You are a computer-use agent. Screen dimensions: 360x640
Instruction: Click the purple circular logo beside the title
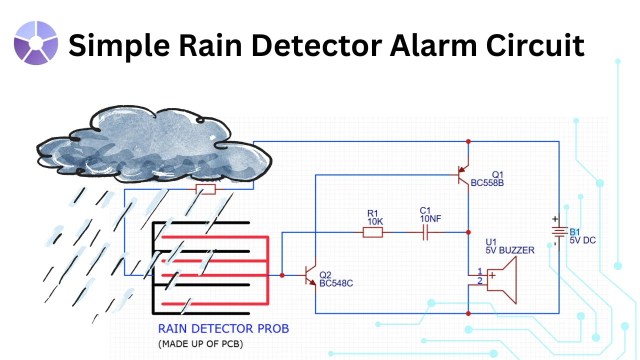(36, 43)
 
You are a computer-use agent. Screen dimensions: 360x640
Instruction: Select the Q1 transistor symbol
(464, 175)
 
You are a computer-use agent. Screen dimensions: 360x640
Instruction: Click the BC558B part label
(487, 183)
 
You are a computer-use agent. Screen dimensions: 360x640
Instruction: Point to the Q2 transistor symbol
(311, 275)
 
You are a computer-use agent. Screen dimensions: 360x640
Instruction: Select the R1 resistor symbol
(372, 232)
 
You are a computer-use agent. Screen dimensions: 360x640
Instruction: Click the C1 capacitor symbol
(425, 232)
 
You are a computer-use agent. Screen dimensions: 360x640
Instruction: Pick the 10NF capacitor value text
(431, 219)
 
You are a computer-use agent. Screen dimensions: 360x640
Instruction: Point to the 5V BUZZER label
(509, 250)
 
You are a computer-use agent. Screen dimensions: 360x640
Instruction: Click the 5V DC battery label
(582, 240)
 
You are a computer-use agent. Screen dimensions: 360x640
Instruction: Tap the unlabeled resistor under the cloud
(205, 189)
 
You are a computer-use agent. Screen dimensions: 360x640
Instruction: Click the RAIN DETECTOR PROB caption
(223, 329)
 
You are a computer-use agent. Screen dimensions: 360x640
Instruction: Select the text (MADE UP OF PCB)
(200, 344)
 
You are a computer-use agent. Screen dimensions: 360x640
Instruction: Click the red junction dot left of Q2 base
(282, 275)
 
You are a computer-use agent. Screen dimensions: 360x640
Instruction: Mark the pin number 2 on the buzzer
(479, 281)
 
